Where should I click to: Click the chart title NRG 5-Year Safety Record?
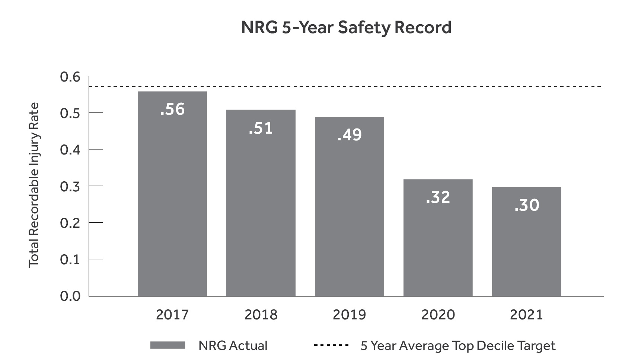[346, 28]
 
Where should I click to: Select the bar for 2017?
[172, 201]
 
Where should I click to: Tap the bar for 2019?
[349, 216]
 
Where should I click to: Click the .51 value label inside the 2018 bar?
[261, 128]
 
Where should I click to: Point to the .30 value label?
[526, 205]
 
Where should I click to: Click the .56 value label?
[172, 109]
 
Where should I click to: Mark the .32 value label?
[438, 197]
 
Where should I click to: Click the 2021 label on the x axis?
[526, 315]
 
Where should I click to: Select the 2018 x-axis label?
[261, 315]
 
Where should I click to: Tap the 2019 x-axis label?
[349, 315]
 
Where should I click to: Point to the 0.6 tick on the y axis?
[70, 77]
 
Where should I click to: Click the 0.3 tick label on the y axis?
[70, 187]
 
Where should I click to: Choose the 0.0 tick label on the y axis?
[70, 296]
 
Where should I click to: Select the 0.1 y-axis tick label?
[70, 259]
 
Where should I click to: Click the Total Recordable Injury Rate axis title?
[34, 185]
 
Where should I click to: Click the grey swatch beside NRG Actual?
[168, 345]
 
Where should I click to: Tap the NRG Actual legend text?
[233, 345]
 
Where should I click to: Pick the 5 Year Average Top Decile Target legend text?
[458, 346]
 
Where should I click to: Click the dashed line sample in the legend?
[331, 345]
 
